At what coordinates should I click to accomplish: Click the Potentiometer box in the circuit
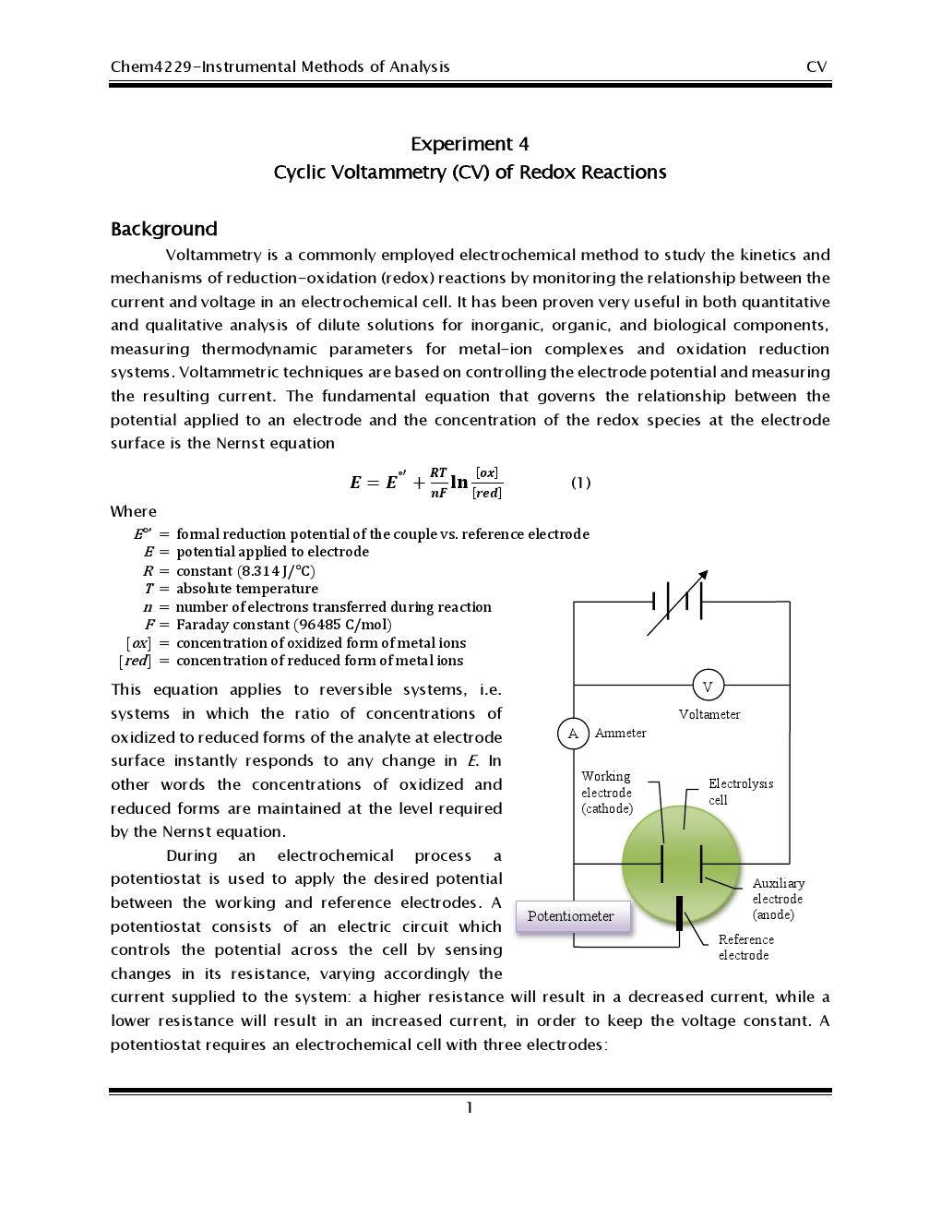[x=572, y=916]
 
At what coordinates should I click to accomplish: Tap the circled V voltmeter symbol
[x=708, y=686]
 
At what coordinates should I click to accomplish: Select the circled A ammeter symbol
[x=573, y=734]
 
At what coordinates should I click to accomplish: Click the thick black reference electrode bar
[x=680, y=913]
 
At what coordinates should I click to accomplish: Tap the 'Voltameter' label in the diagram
[x=709, y=714]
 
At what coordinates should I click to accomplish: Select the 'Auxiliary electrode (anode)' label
[x=778, y=899]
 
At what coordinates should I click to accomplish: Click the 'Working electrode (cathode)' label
[x=607, y=793]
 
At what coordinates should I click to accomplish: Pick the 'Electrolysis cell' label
[x=740, y=792]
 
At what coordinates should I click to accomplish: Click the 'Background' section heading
[x=164, y=229]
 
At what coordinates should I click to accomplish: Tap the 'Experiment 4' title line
[x=470, y=144]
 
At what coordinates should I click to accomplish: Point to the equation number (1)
[x=580, y=483]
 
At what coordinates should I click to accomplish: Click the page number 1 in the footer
[x=470, y=1107]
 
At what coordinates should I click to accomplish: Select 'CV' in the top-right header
[x=816, y=66]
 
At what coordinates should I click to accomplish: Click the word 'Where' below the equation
[x=134, y=511]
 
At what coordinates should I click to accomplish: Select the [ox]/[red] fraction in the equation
[x=486, y=483]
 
